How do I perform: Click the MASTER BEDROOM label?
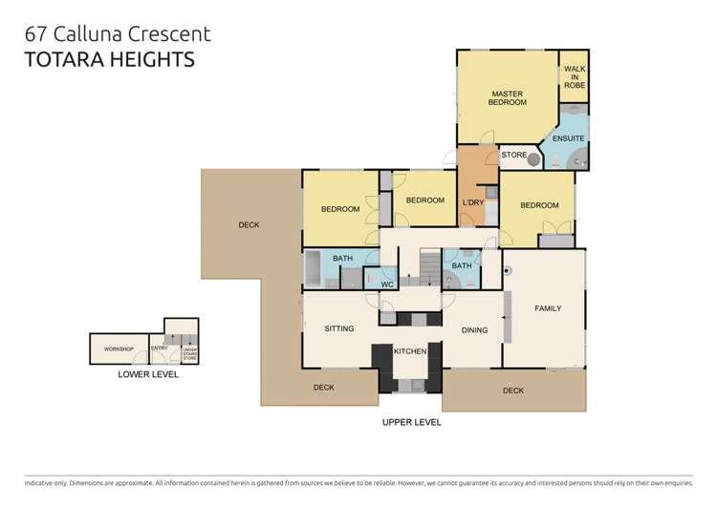[x=507, y=97]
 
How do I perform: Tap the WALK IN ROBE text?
[x=575, y=77]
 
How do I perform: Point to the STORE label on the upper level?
[x=514, y=155]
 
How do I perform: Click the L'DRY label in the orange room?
[x=471, y=202]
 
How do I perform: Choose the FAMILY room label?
[x=548, y=308]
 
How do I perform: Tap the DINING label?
[x=474, y=330]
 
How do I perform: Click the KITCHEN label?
[x=410, y=351]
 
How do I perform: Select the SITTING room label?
[x=339, y=328]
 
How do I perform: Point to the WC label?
[x=387, y=284]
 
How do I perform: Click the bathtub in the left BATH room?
[x=315, y=268]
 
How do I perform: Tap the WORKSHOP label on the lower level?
[x=118, y=349]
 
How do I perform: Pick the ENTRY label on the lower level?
[x=159, y=349]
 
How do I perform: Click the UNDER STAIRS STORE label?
[x=189, y=354]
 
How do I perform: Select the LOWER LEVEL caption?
[x=147, y=374]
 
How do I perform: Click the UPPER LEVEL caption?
[x=410, y=421]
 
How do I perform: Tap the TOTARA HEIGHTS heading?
[x=109, y=60]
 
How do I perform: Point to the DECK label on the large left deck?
[x=249, y=225]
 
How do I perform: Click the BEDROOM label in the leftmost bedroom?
[x=339, y=209]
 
